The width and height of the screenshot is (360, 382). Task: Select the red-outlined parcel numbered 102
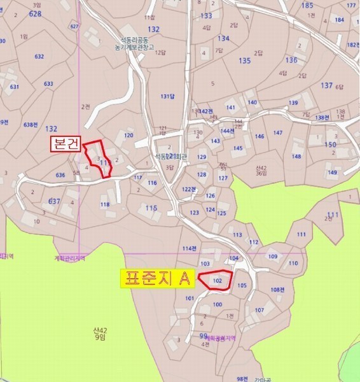(216, 280)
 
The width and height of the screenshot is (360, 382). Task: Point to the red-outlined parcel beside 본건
(100, 158)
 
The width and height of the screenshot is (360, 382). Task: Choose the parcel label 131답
(167, 96)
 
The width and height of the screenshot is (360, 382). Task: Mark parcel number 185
(307, 6)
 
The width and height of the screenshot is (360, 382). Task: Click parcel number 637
(54, 201)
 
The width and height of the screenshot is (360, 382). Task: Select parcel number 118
(105, 204)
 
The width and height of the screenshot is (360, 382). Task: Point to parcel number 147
(277, 132)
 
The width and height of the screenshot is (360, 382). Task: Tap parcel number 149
(332, 173)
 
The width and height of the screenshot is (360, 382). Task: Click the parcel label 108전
(277, 290)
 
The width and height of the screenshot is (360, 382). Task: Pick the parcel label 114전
(189, 248)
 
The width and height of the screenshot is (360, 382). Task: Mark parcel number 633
(48, 84)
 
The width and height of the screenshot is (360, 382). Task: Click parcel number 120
(128, 135)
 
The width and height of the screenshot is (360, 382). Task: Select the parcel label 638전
(31, 124)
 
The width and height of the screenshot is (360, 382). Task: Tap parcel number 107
(259, 310)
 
